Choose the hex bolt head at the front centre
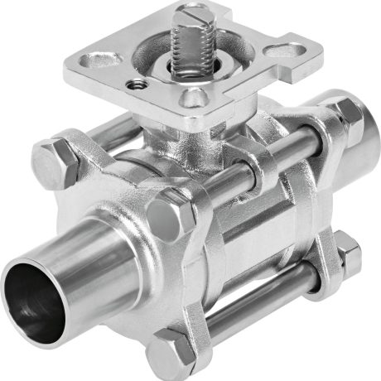tap(176, 217)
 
